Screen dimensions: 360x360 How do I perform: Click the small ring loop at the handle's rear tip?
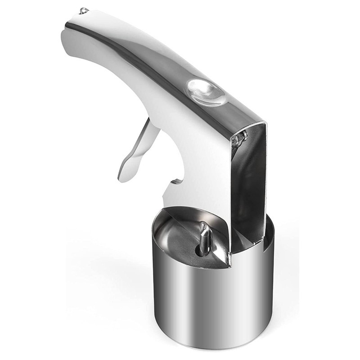(83, 10)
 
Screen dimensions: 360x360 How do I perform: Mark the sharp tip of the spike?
(203, 224)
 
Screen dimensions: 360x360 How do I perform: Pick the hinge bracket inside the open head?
(240, 138)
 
